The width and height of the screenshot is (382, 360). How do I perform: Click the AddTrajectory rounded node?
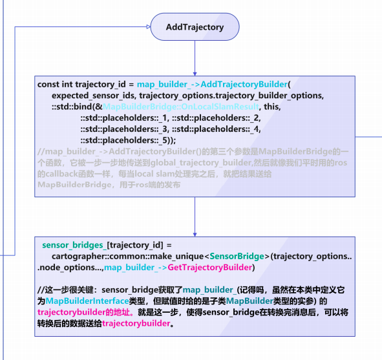[x=194, y=27]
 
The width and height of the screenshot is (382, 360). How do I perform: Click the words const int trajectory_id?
[x=80, y=85]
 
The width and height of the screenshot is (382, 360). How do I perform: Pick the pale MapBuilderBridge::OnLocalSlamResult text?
[x=180, y=107]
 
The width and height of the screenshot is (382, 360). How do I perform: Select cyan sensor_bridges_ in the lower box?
[x=73, y=246]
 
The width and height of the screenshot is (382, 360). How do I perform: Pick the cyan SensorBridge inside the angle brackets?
[x=241, y=257]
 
